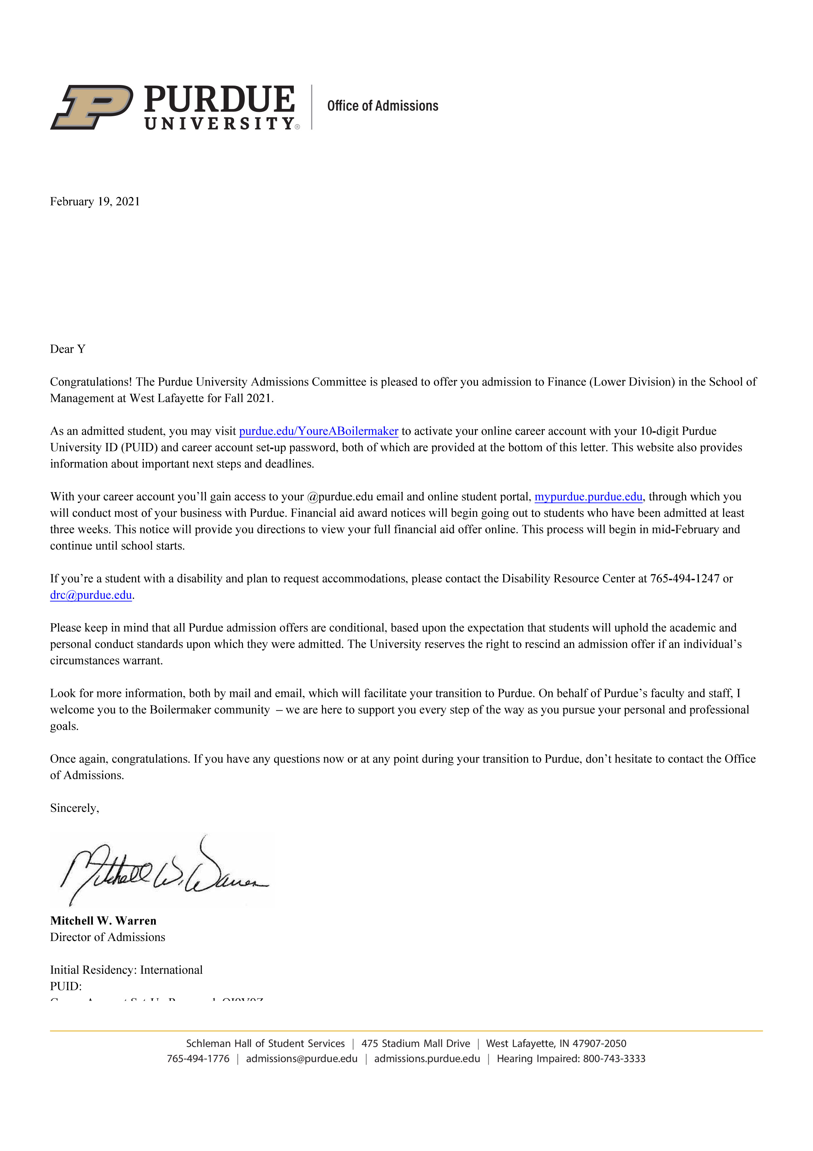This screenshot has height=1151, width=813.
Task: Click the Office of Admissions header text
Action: pos(382,106)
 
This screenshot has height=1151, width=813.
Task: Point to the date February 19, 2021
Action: pos(95,201)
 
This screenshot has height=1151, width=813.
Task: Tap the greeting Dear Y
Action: pos(68,349)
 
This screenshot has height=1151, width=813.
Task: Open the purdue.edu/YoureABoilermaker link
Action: pos(319,431)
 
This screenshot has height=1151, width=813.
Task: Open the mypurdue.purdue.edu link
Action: pos(588,497)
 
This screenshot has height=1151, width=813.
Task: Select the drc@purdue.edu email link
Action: pos(91,595)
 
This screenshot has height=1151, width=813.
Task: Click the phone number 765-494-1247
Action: pos(684,578)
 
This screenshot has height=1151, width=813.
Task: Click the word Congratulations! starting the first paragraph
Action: pos(91,382)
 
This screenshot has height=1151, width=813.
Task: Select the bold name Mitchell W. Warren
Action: pos(103,921)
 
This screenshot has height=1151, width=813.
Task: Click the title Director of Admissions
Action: pos(107,937)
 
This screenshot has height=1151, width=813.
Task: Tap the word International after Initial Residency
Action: pos(171,970)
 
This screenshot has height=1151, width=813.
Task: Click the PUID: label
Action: pos(66,987)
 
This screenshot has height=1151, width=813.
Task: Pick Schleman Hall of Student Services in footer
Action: pos(266,1044)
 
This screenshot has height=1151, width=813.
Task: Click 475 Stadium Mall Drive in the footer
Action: pos(416,1044)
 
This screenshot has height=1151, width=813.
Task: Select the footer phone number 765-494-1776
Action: pos(198,1059)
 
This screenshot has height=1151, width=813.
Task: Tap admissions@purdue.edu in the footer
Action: pos(302,1059)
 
